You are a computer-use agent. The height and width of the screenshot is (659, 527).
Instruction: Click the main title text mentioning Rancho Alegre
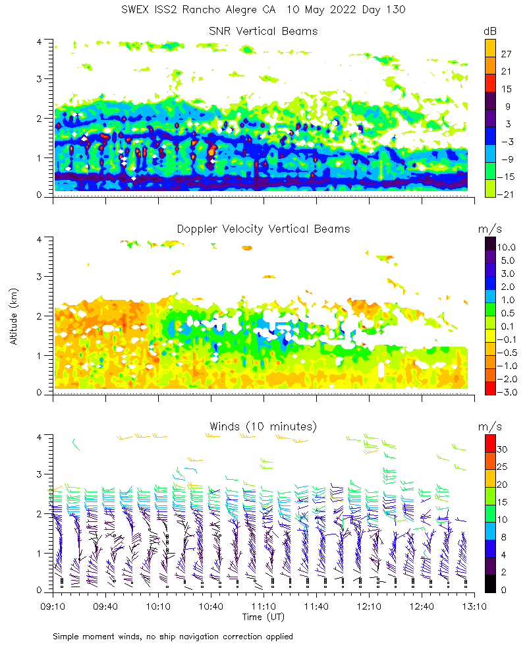[x=263, y=10]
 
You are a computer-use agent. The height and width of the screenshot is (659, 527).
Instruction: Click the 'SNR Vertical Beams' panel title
[x=263, y=31]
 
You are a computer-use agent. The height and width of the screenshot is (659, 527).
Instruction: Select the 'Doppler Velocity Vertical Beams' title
[x=263, y=229]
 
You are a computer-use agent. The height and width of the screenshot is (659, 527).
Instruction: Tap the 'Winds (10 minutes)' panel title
[x=263, y=426]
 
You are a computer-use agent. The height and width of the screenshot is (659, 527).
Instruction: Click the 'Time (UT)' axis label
[x=263, y=617]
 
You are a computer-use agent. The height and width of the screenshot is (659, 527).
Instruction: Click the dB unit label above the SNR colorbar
[x=491, y=31]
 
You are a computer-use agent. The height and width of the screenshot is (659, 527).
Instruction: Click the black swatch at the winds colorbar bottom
[x=491, y=584]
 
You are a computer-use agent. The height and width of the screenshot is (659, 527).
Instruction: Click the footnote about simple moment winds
[x=173, y=637]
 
